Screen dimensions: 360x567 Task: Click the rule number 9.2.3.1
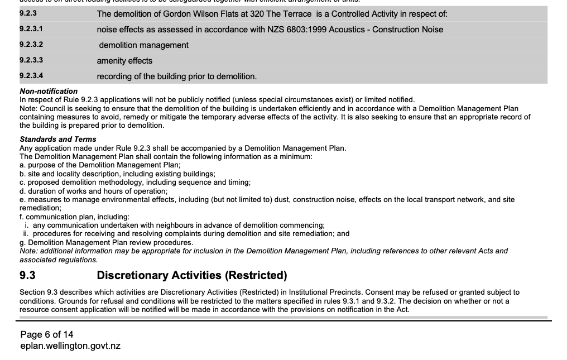pos(31,29)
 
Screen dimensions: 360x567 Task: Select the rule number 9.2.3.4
pos(31,76)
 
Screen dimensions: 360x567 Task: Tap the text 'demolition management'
pos(143,45)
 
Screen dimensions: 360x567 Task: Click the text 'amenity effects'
pos(124,61)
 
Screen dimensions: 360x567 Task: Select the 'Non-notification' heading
pos(49,91)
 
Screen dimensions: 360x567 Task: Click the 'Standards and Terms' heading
pos(58,139)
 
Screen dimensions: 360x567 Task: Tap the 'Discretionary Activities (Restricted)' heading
pos(192,275)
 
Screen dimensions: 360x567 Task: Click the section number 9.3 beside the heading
pos(27,275)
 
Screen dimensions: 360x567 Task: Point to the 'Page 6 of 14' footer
pos(47,334)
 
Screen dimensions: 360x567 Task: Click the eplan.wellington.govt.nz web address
pos(70,345)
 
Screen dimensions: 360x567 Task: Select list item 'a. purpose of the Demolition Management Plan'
pos(100,165)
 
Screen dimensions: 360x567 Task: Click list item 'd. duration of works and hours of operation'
pos(93,191)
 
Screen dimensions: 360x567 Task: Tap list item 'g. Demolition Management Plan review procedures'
pos(106,242)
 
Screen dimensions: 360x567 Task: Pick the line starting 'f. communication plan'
pos(74,217)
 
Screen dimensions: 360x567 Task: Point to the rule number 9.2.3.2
pos(31,45)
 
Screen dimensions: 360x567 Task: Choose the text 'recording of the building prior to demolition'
pos(177,76)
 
